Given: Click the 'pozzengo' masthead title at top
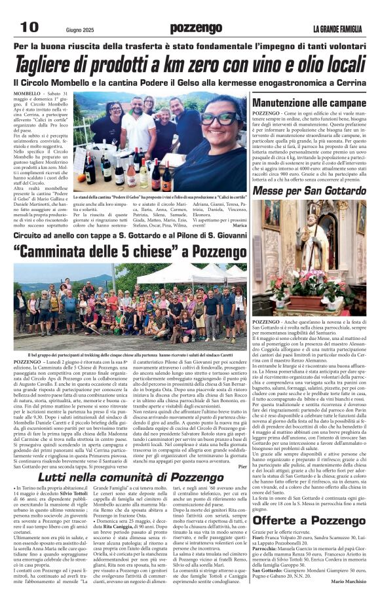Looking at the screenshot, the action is [x=195, y=28].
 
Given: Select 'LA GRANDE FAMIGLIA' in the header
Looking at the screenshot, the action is [x=337, y=29].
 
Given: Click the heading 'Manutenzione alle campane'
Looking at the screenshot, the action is [x=309, y=104].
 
